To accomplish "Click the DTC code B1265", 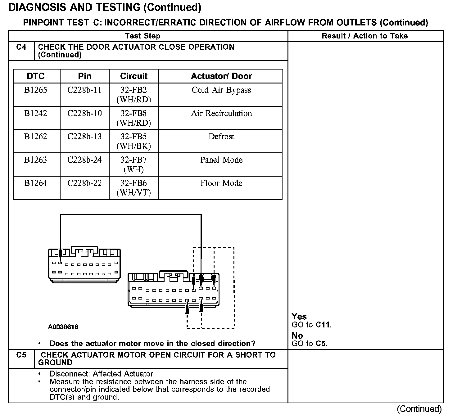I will coord(36,90).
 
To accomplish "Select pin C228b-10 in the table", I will coord(84,113).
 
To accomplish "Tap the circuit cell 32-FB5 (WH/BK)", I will coord(134,141).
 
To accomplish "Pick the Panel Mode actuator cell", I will coord(221,160).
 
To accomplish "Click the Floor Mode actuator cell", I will coord(221,183).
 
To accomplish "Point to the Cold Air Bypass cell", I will coord(221,90).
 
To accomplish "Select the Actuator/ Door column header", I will coord(221,76).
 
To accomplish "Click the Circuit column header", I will coord(134,76).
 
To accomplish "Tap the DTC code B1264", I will coord(36,183).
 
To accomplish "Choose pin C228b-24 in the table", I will coord(84,160).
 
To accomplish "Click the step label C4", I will coord(21,47).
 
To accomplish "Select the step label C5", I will coord(21,355).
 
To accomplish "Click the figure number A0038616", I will coord(63,327).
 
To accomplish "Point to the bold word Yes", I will coord(299,317).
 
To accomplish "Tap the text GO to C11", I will coord(312,325).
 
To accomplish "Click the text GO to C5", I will coord(310,344).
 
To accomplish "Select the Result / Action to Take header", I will coord(365,36).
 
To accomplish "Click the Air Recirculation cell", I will coord(221,113).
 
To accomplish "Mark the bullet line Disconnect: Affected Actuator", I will coord(102,374).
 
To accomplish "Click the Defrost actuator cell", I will coord(221,137).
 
